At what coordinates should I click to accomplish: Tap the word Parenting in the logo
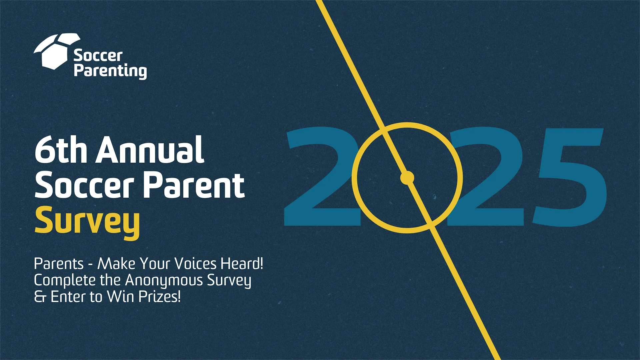click(110, 71)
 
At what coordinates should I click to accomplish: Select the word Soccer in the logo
click(98, 55)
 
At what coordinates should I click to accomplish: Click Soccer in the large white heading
click(84, 185)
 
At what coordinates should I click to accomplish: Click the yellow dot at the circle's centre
click(407, 178)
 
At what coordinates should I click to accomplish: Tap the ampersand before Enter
click(40, 297)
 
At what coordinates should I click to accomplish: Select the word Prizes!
click(160, 297)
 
